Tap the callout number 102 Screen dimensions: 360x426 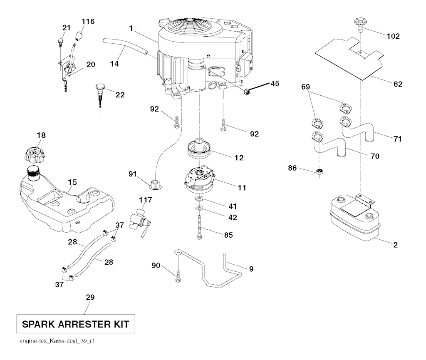tap(392, 36)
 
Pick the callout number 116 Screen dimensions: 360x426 tap(88, 21)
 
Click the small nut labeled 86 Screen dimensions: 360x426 tap(320, 171)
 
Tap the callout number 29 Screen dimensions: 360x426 tap(90, 297)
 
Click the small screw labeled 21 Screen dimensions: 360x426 tap(61, 41)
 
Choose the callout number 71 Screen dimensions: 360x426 tap(398, 139)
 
